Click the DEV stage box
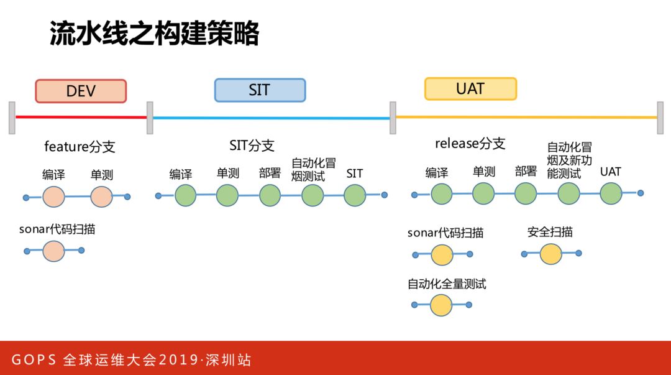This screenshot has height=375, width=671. coord(81,91)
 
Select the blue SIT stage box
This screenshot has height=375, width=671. coord(260,90)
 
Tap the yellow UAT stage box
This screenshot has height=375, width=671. coord(470,88)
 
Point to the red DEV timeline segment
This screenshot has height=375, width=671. coord(81,117)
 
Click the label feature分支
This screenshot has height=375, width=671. coord(80,147)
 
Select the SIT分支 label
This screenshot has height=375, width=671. coord(252,146)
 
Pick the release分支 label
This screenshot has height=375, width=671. coord(470,144)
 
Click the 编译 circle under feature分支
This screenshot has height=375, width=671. coord(53,197)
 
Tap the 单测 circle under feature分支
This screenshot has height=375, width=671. coord(101,197)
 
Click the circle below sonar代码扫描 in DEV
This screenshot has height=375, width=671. coord(53,251)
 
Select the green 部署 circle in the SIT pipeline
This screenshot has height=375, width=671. coord(270,195)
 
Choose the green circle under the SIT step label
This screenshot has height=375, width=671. coord(355,195)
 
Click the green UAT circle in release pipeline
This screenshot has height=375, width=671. coord(611,193)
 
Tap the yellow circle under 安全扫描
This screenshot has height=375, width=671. coord(550,254)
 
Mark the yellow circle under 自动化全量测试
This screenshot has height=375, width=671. coord(441,305)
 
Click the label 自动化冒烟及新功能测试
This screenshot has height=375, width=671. coord(569,160)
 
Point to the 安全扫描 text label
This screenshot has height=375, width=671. coord(550,232)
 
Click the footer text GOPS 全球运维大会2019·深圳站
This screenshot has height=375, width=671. coord(132,360)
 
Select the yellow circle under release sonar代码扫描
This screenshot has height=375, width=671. coord(442,254)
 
